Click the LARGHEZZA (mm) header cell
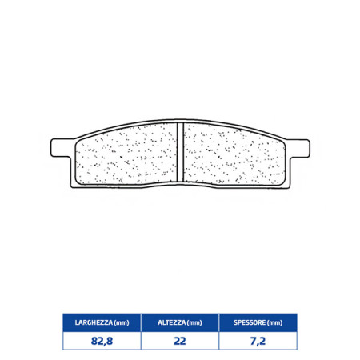(102, 322)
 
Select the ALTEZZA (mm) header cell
(180, 322)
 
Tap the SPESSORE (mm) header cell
(258, 322)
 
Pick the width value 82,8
(102, 341)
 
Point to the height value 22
(180, 341)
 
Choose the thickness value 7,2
(258, 341)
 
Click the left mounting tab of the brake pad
(61, 147)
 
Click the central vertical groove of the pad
(181, 151)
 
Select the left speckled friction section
(126, 155)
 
